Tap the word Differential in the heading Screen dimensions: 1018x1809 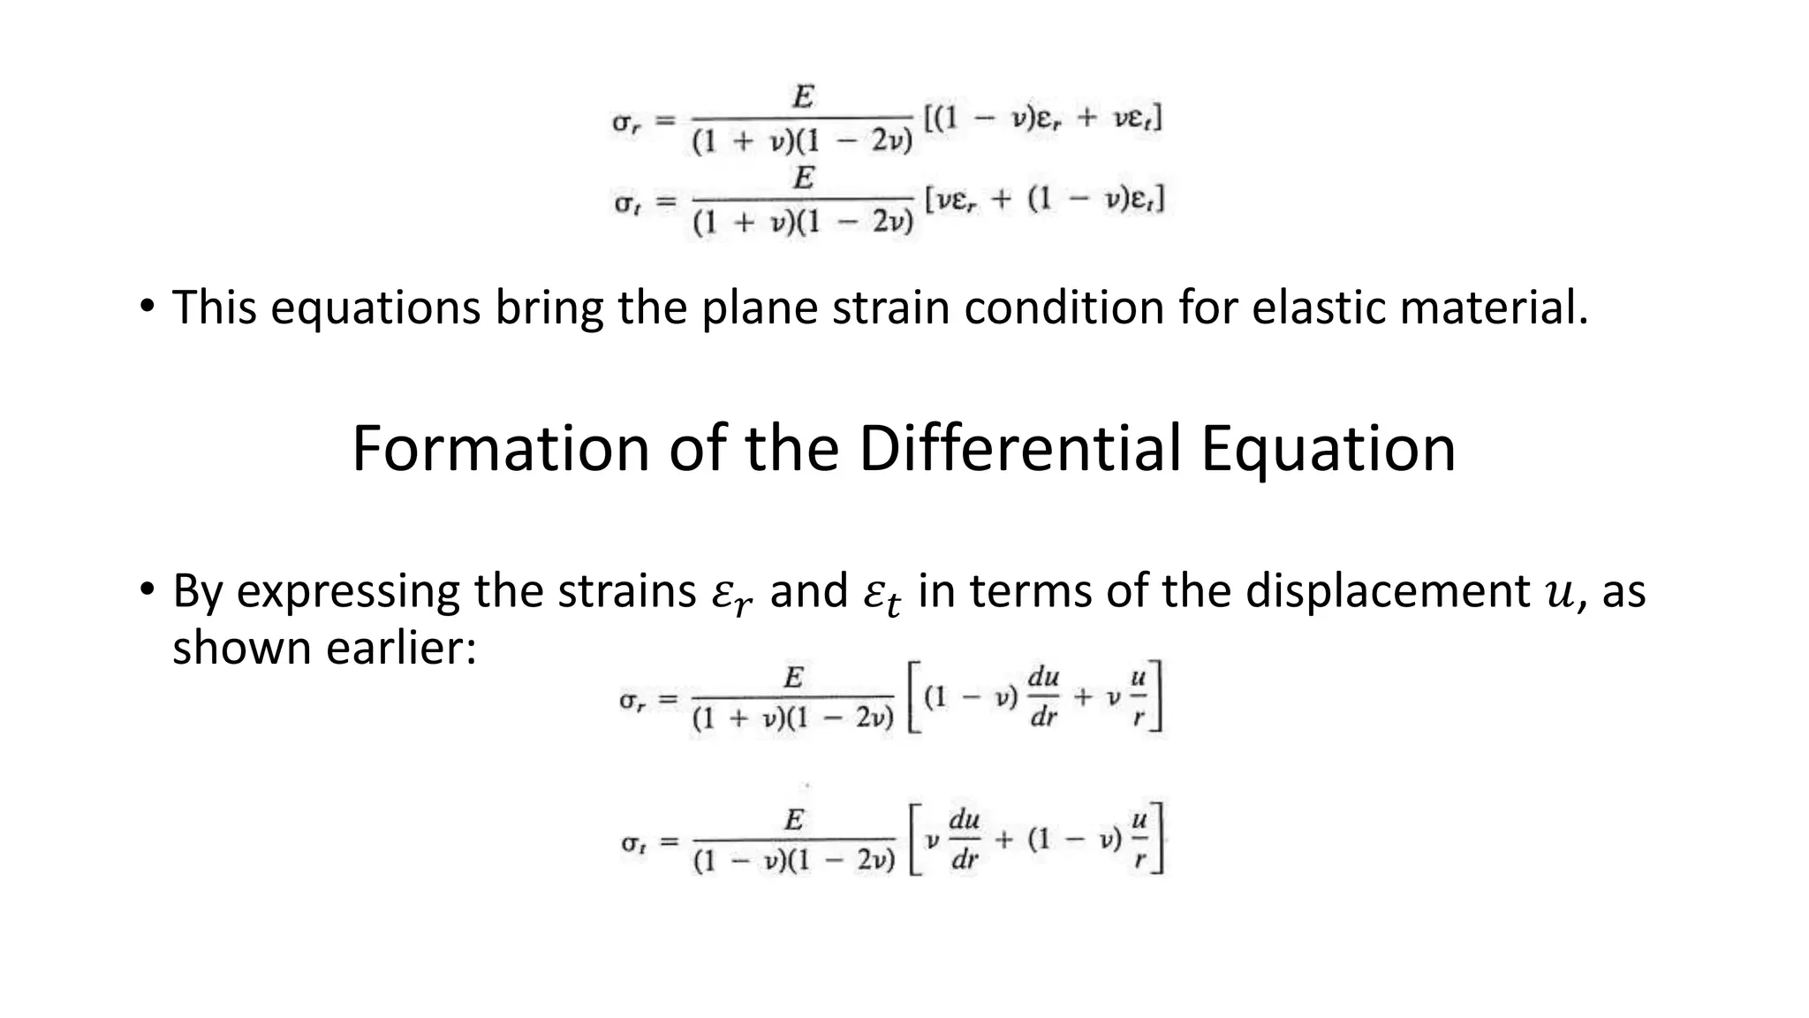[x=1019, y=449]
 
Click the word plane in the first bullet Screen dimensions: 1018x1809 [x=760, y=308]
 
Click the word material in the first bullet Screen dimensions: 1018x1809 [x=1494, y=308]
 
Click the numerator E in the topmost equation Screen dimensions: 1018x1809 [x=802, y=96]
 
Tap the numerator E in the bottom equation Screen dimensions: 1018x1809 [x=794, y=820]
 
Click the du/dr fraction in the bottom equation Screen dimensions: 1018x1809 [x=964, y=839]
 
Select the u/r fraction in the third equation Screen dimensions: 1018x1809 [x=1138, y=697]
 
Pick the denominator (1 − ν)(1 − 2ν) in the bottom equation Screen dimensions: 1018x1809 [x=794, y=861]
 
